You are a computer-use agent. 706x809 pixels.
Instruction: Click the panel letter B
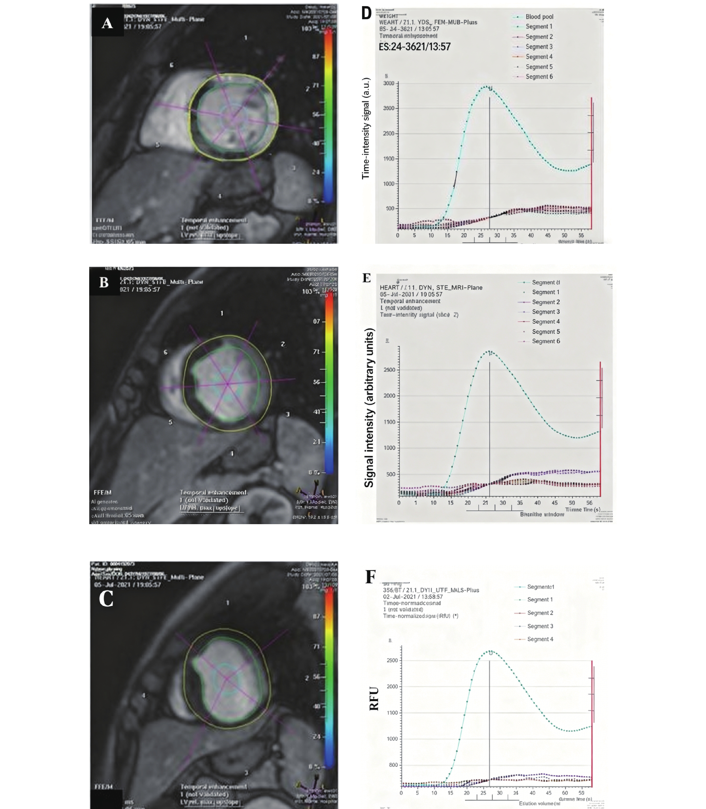point(104,282)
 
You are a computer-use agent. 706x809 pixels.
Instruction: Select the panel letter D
point(366,13)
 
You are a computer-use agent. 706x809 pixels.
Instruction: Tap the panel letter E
point(366,278)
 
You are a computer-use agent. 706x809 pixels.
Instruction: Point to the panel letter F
point(370,577)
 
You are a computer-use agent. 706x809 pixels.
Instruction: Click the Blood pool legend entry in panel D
point(539,17)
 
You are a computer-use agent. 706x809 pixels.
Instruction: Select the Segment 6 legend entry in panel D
point(539,76)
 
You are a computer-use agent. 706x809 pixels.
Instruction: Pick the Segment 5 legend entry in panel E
point(546,331)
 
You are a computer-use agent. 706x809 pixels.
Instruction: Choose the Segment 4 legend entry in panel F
point(540,639)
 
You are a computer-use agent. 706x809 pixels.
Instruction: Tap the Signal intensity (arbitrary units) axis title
point(369,408)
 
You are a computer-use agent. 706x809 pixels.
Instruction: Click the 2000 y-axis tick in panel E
point(389,396)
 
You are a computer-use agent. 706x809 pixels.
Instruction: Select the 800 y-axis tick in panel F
point(393,765)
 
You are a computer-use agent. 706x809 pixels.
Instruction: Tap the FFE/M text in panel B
point(102,492)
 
